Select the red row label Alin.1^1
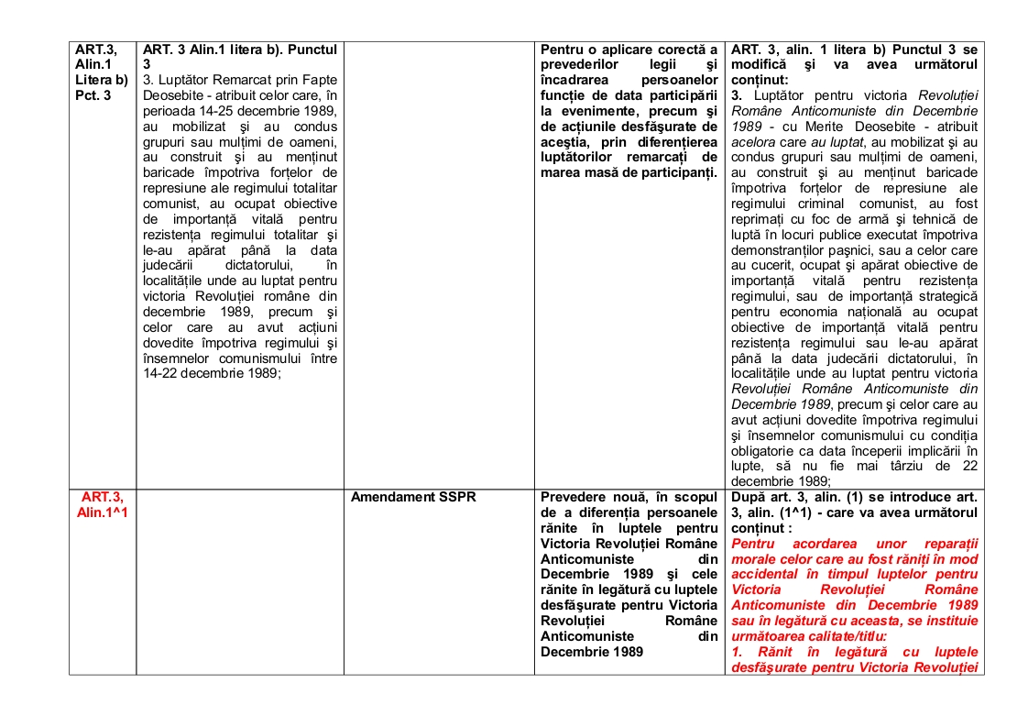102,512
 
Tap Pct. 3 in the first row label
95,94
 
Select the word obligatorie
772,452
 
